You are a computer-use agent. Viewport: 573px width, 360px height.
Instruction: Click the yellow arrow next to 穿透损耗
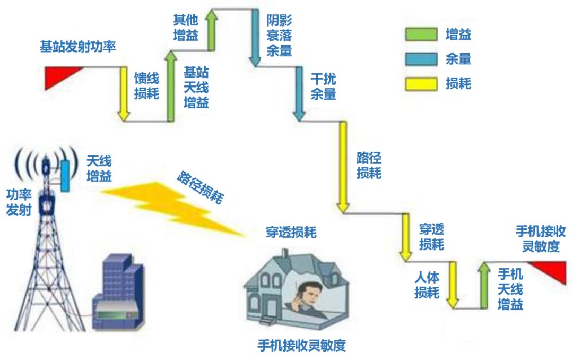[405, 237]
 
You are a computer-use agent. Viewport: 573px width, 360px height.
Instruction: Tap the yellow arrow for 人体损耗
[452, 285]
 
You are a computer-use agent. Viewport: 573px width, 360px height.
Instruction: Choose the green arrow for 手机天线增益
[483, 285]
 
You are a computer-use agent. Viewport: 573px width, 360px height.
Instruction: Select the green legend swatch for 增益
[421, 36]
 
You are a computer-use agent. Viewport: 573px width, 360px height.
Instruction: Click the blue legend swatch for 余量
[421, 59]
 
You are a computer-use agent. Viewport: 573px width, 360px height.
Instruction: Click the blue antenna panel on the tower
[65, 176]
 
